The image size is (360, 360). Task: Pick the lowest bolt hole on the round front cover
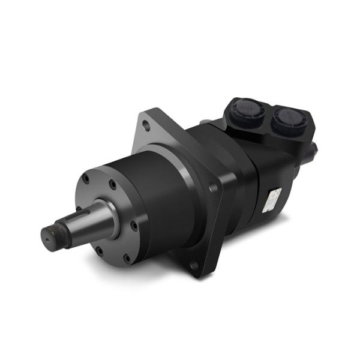[x=127, y=259]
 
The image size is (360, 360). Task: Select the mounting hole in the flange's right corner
[x=214, y=188]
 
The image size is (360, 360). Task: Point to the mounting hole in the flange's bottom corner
[x=193, y=266]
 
